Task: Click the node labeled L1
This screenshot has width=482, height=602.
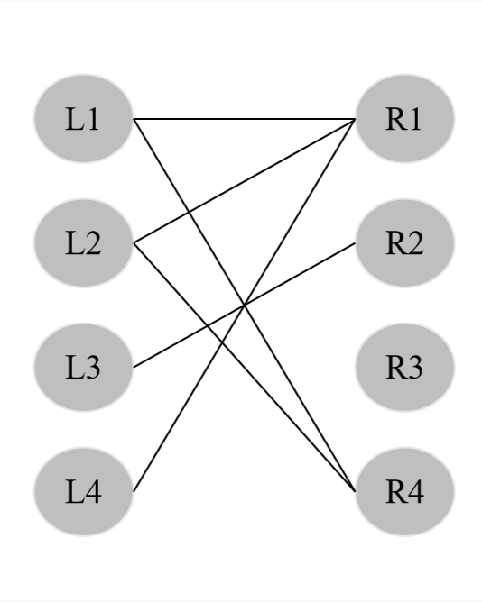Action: (83, 119)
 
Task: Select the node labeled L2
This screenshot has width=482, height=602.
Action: (83, 243)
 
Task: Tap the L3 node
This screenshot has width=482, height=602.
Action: (83, 368)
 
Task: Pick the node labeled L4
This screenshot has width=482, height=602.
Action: (83, 492)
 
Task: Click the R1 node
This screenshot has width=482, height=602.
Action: (404, 119)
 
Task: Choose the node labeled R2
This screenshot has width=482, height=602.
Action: (404, 243)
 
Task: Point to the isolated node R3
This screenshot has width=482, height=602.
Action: (404, 368)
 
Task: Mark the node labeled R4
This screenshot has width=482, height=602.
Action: (404, 492)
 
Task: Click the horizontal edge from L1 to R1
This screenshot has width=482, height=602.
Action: (244, 119)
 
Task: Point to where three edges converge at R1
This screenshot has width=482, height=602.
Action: (355, 120)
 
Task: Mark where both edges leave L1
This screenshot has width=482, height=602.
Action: (134, 119)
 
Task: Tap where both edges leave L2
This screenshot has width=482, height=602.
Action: (134, 243)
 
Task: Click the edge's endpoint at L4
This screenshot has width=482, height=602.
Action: (134, 491)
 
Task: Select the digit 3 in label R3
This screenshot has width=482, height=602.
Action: (414, 368)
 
